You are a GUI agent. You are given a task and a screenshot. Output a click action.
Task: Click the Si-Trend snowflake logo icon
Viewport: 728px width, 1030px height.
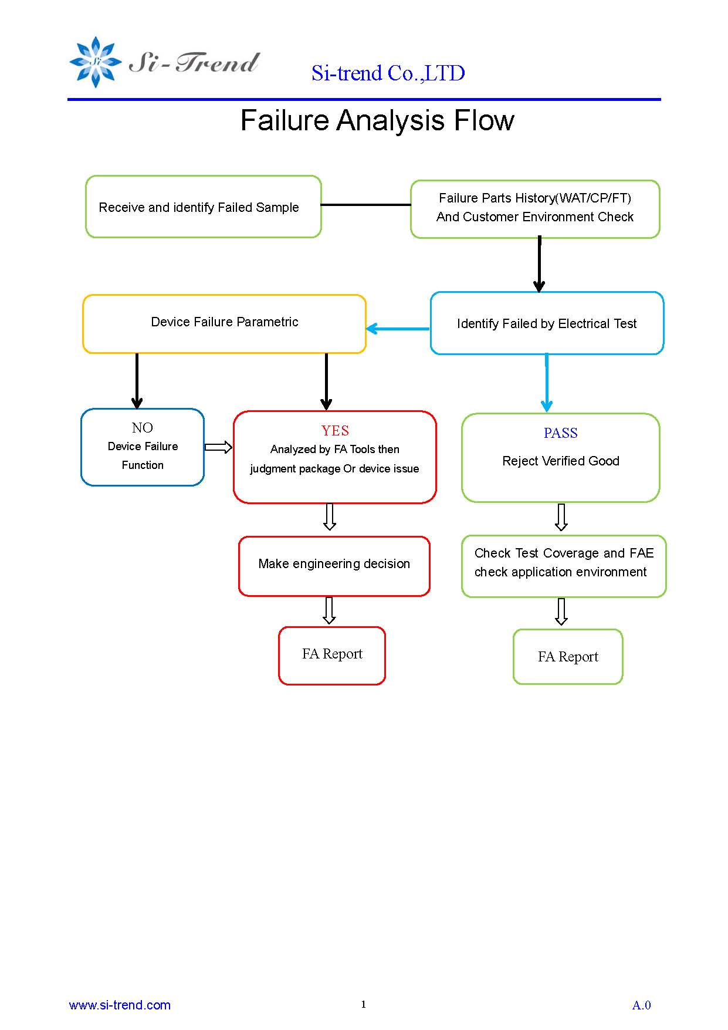[95, 62]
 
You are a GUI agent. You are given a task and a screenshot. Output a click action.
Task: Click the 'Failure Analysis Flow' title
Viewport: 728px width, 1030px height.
[377, 120]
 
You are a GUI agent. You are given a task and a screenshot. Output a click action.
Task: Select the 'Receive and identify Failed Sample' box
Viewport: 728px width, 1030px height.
[204, 207]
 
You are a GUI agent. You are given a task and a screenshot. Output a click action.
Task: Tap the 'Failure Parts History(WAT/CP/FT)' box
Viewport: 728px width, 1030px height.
[535, 209]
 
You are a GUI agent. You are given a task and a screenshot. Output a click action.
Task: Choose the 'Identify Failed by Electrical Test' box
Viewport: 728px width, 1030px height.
[547, 323]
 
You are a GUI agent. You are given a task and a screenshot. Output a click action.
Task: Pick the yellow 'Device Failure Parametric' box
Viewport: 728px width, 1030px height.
[225, 324]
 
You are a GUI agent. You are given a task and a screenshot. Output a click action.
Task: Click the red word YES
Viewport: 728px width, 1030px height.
[335, 431]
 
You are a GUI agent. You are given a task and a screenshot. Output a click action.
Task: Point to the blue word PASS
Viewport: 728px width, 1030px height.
[561, 433]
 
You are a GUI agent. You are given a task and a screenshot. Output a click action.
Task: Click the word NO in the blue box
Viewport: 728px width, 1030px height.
[143, 428]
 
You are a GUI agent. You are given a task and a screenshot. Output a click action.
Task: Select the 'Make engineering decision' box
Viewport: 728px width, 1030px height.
[334, 566]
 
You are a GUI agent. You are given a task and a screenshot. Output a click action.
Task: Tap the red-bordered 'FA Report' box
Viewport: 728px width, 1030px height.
[332, 656]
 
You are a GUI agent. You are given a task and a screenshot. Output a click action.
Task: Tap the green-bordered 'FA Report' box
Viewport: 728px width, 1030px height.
[568, 657]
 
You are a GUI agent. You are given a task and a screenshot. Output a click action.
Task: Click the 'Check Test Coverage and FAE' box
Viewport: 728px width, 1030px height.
[564, 566]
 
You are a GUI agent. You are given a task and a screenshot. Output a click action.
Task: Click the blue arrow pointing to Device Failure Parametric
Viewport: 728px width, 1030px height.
[398, 329]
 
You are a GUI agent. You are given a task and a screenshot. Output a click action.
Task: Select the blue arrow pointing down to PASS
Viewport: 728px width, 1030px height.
[547, 383]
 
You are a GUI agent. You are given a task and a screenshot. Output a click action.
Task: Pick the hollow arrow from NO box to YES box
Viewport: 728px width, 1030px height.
[218, 447]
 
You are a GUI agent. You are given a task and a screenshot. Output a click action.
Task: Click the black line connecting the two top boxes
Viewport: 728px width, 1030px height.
[366, 205]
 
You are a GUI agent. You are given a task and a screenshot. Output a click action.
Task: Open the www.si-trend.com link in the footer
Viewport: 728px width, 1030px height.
[120, 1005]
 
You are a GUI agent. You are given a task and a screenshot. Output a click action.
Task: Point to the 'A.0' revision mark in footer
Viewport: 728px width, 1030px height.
[642, 1005]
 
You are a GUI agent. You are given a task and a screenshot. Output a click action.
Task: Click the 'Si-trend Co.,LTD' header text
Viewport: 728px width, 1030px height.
[388, 73]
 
